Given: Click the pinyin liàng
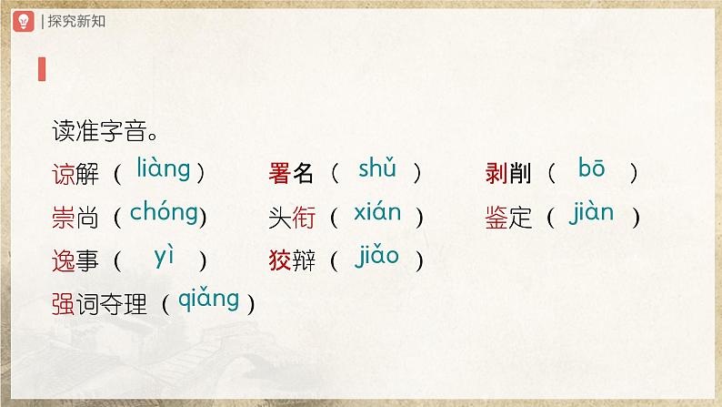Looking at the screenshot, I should coord(163,169).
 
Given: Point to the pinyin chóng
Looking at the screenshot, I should coord(164,214).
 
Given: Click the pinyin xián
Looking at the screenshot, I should coord(377,214).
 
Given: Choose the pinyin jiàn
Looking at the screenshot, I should coord(592,214).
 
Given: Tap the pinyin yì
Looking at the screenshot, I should coord(164,258).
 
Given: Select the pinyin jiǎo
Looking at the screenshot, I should coord(376,258).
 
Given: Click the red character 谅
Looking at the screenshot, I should coord(65,172).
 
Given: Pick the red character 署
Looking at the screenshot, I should coord(279,172).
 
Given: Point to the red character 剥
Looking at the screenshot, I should coord(496,172).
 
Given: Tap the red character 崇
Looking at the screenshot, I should coord(65,218).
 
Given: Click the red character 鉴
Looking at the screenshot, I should coord(496,218).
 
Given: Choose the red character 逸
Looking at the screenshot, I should coord(65,261).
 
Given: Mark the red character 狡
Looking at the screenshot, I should coord(279,261).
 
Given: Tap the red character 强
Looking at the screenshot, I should coord(65,304).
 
